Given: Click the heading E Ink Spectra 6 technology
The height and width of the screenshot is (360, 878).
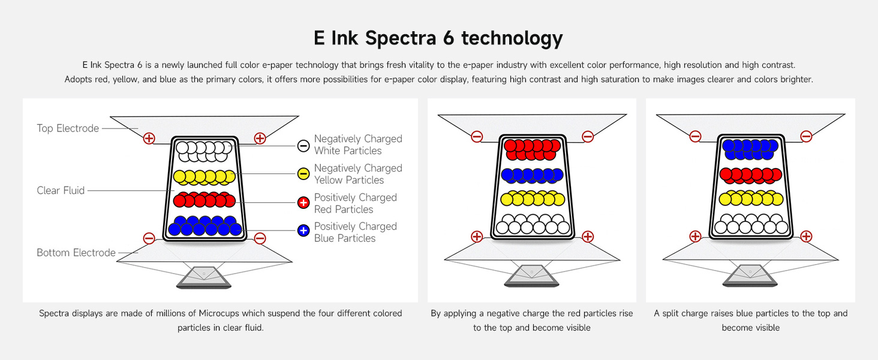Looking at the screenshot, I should pyautogui.click(x=438, y=38).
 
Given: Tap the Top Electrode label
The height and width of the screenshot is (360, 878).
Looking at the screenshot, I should pyautogui.click(x=68, y=128).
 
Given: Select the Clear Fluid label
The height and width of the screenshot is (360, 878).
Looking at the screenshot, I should pyautogui.click(x=61, y=191).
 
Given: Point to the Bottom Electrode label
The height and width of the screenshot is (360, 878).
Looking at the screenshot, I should pyautogui.click(x=76, y=253).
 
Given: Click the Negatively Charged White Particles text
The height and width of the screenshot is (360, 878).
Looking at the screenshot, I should pyautogui.click(x=357, y=145).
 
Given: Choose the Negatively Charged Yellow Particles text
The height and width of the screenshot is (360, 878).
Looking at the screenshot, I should pyautogui.click(x=357, y=174).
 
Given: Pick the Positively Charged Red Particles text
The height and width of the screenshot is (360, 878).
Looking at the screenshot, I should pyautogui.click(x=355, y=203).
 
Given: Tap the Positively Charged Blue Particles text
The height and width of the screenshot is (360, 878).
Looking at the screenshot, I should pyautogui.click(x=355, y=232).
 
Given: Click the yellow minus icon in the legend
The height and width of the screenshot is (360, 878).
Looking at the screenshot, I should pyautogui.click(x=303, y=174).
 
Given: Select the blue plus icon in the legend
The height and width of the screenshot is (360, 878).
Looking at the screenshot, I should pyautogui.click(x=303, y=230).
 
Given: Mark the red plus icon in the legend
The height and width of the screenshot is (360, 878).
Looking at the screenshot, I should pyautogui.click(x=303, y=203).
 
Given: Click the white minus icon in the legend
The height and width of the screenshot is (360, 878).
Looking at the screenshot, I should pyautogui.click(x=303, y=145).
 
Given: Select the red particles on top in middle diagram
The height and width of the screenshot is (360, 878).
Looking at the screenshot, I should pyautogui.click(x=532, y=149).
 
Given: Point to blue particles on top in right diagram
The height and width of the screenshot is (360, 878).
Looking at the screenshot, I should pyautogui.click(x=750, y=149).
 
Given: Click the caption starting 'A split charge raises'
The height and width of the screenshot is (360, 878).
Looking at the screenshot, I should pyautogui.click(x=750, y=320).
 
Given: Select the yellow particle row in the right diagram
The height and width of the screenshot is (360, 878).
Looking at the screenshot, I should pyautogui.click(x=750, y=198).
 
